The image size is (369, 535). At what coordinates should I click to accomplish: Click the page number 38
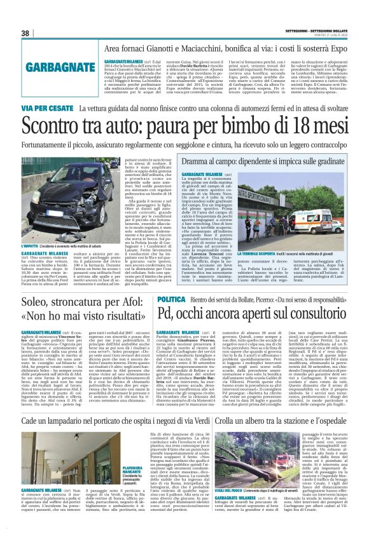(x=25, y=33)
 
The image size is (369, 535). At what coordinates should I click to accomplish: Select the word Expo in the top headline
(x=335, y=48)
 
